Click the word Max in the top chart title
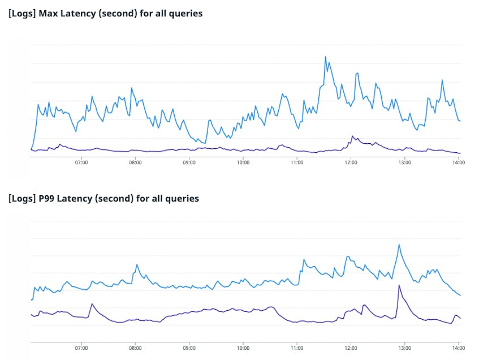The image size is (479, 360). tap(48, 14)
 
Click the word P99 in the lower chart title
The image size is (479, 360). tap(46, 199)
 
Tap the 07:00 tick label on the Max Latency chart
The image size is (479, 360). tap(81, 162)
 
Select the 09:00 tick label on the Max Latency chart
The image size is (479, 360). tap(189, 162)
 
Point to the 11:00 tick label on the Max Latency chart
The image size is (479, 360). tap(297, 162)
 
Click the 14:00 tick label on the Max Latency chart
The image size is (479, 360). tap(459, 162)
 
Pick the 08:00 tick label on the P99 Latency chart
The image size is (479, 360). tap(135, 348)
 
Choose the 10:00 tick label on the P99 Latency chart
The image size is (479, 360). tap(243, 348)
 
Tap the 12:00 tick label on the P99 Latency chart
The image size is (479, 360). tap(351, 348)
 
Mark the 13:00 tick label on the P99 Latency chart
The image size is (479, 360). tap(405, 348)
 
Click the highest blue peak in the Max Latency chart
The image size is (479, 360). tap(325, 57)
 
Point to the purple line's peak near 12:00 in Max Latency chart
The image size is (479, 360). tap(352, 136)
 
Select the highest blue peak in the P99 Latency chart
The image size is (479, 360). tap(399, 245)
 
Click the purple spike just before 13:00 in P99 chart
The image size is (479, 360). tap(399, 285)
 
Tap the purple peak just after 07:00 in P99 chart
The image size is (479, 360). tap(92, 304)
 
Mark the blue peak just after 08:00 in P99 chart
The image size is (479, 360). tap(137, 264)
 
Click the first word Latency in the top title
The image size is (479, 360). tap(78, 14)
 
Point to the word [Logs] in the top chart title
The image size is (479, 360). tap(22, 14)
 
